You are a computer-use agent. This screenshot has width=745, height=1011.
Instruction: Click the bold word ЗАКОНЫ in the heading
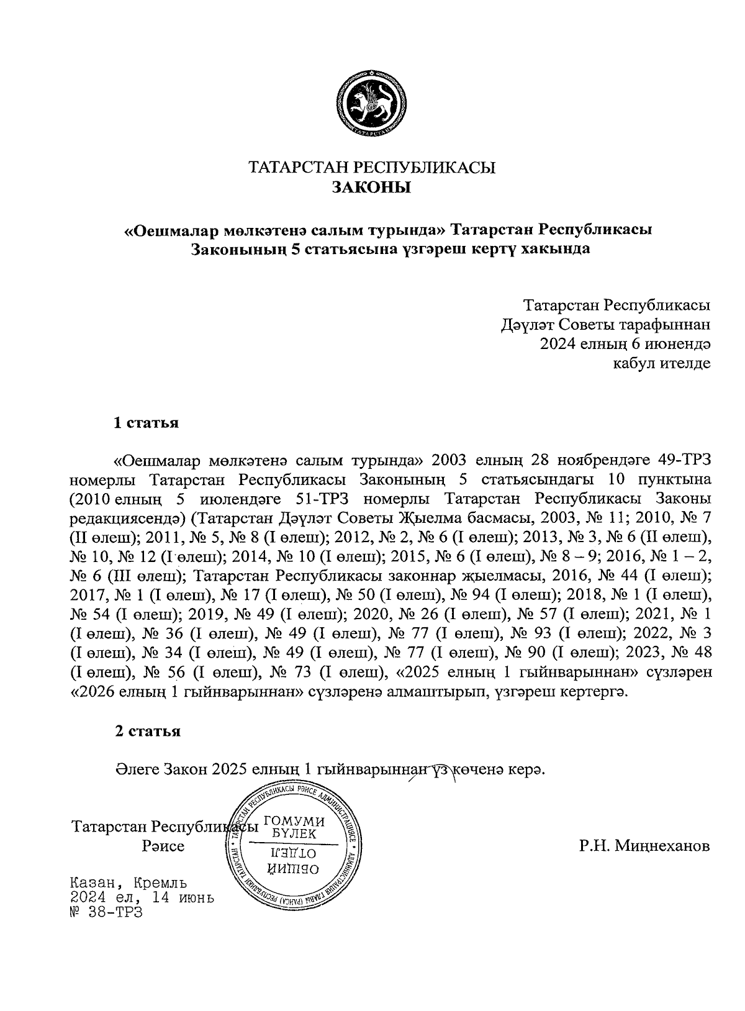pyautogui.click(x=372, y=187)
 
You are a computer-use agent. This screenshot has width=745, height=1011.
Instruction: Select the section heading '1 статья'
pyautogui.click(x=147, y=424)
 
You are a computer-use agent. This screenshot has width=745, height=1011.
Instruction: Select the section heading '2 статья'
pyautogui.click(x=147, y=731)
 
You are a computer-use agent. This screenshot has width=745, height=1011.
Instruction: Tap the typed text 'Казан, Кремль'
pyautogui.click(x=129, y=882)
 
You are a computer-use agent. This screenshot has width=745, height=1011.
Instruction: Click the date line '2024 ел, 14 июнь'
pyautogui.click(x=142, y=897)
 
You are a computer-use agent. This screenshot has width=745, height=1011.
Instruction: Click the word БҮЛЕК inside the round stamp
pyautogui.click(x=294, y=833)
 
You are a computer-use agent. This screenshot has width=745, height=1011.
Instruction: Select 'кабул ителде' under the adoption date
pyautogui.click(x=661, y=363)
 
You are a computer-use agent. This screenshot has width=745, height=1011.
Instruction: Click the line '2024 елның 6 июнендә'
pyautogui.click(x=625, y=343)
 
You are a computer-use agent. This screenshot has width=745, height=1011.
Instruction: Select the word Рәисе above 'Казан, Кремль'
pyautogui.click(x=163, y=846)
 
